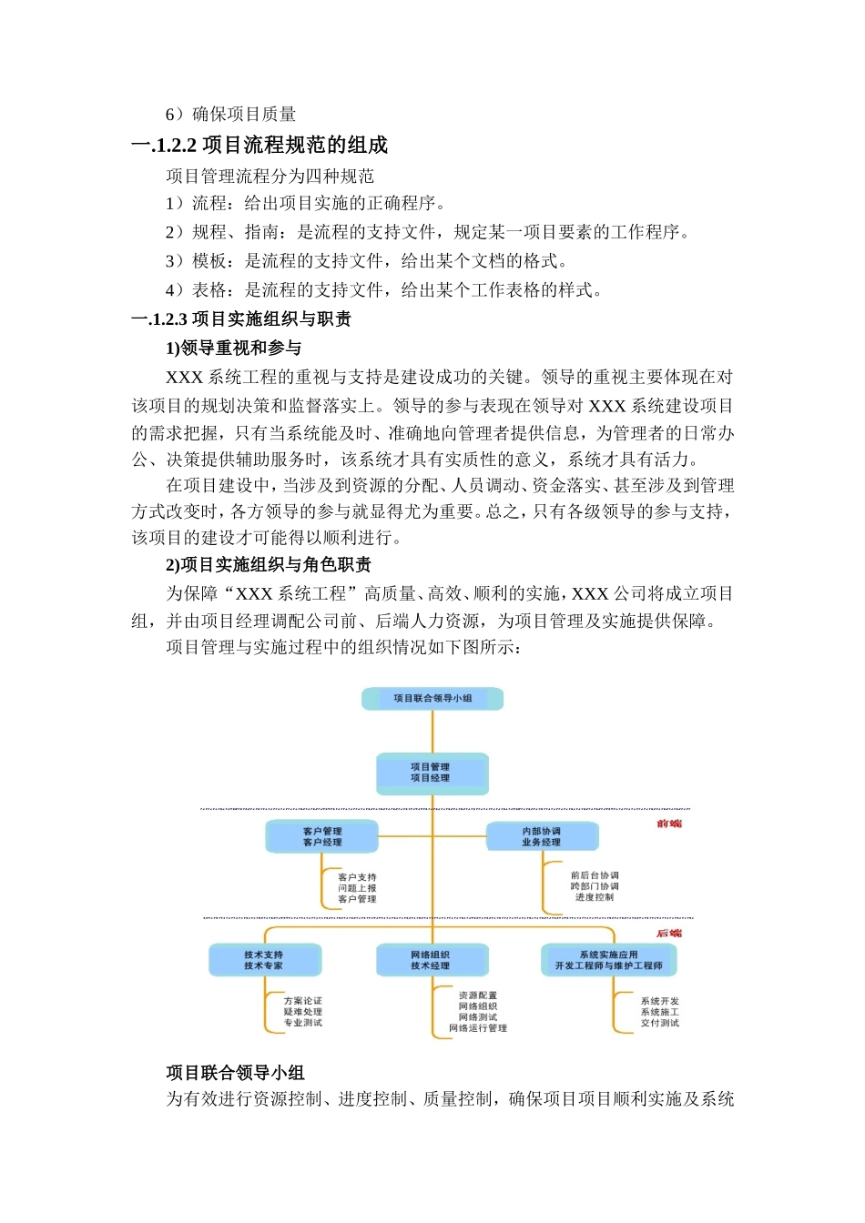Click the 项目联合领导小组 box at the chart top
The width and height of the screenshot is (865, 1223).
[432, 698]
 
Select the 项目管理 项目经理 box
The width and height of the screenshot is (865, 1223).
[432, 773]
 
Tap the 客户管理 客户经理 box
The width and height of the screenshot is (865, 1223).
[321, 836]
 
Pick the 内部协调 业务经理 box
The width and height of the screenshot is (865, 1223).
[542, 836]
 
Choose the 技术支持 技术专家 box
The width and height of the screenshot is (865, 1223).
[264, 960]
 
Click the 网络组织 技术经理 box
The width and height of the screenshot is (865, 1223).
[432, 960]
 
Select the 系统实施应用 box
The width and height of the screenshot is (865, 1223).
[608, 960]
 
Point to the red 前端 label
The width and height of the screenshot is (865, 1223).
[669, 824]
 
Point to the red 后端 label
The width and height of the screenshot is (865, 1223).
[669, 934]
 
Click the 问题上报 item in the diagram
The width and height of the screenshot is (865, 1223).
[357, 888]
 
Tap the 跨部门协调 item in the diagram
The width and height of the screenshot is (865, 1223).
[595, 886]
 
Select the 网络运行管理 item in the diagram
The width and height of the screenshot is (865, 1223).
[478, 1028]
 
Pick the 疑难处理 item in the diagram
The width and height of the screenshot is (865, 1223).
[302, 1012]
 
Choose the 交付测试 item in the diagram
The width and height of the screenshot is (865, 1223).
[659, 1023]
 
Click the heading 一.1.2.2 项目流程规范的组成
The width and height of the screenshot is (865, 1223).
[260, 146]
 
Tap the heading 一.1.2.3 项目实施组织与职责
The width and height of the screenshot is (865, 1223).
[242, 319]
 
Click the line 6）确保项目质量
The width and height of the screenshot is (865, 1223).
[231, 115]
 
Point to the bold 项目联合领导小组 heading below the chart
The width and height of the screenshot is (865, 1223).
[235, 1073]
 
